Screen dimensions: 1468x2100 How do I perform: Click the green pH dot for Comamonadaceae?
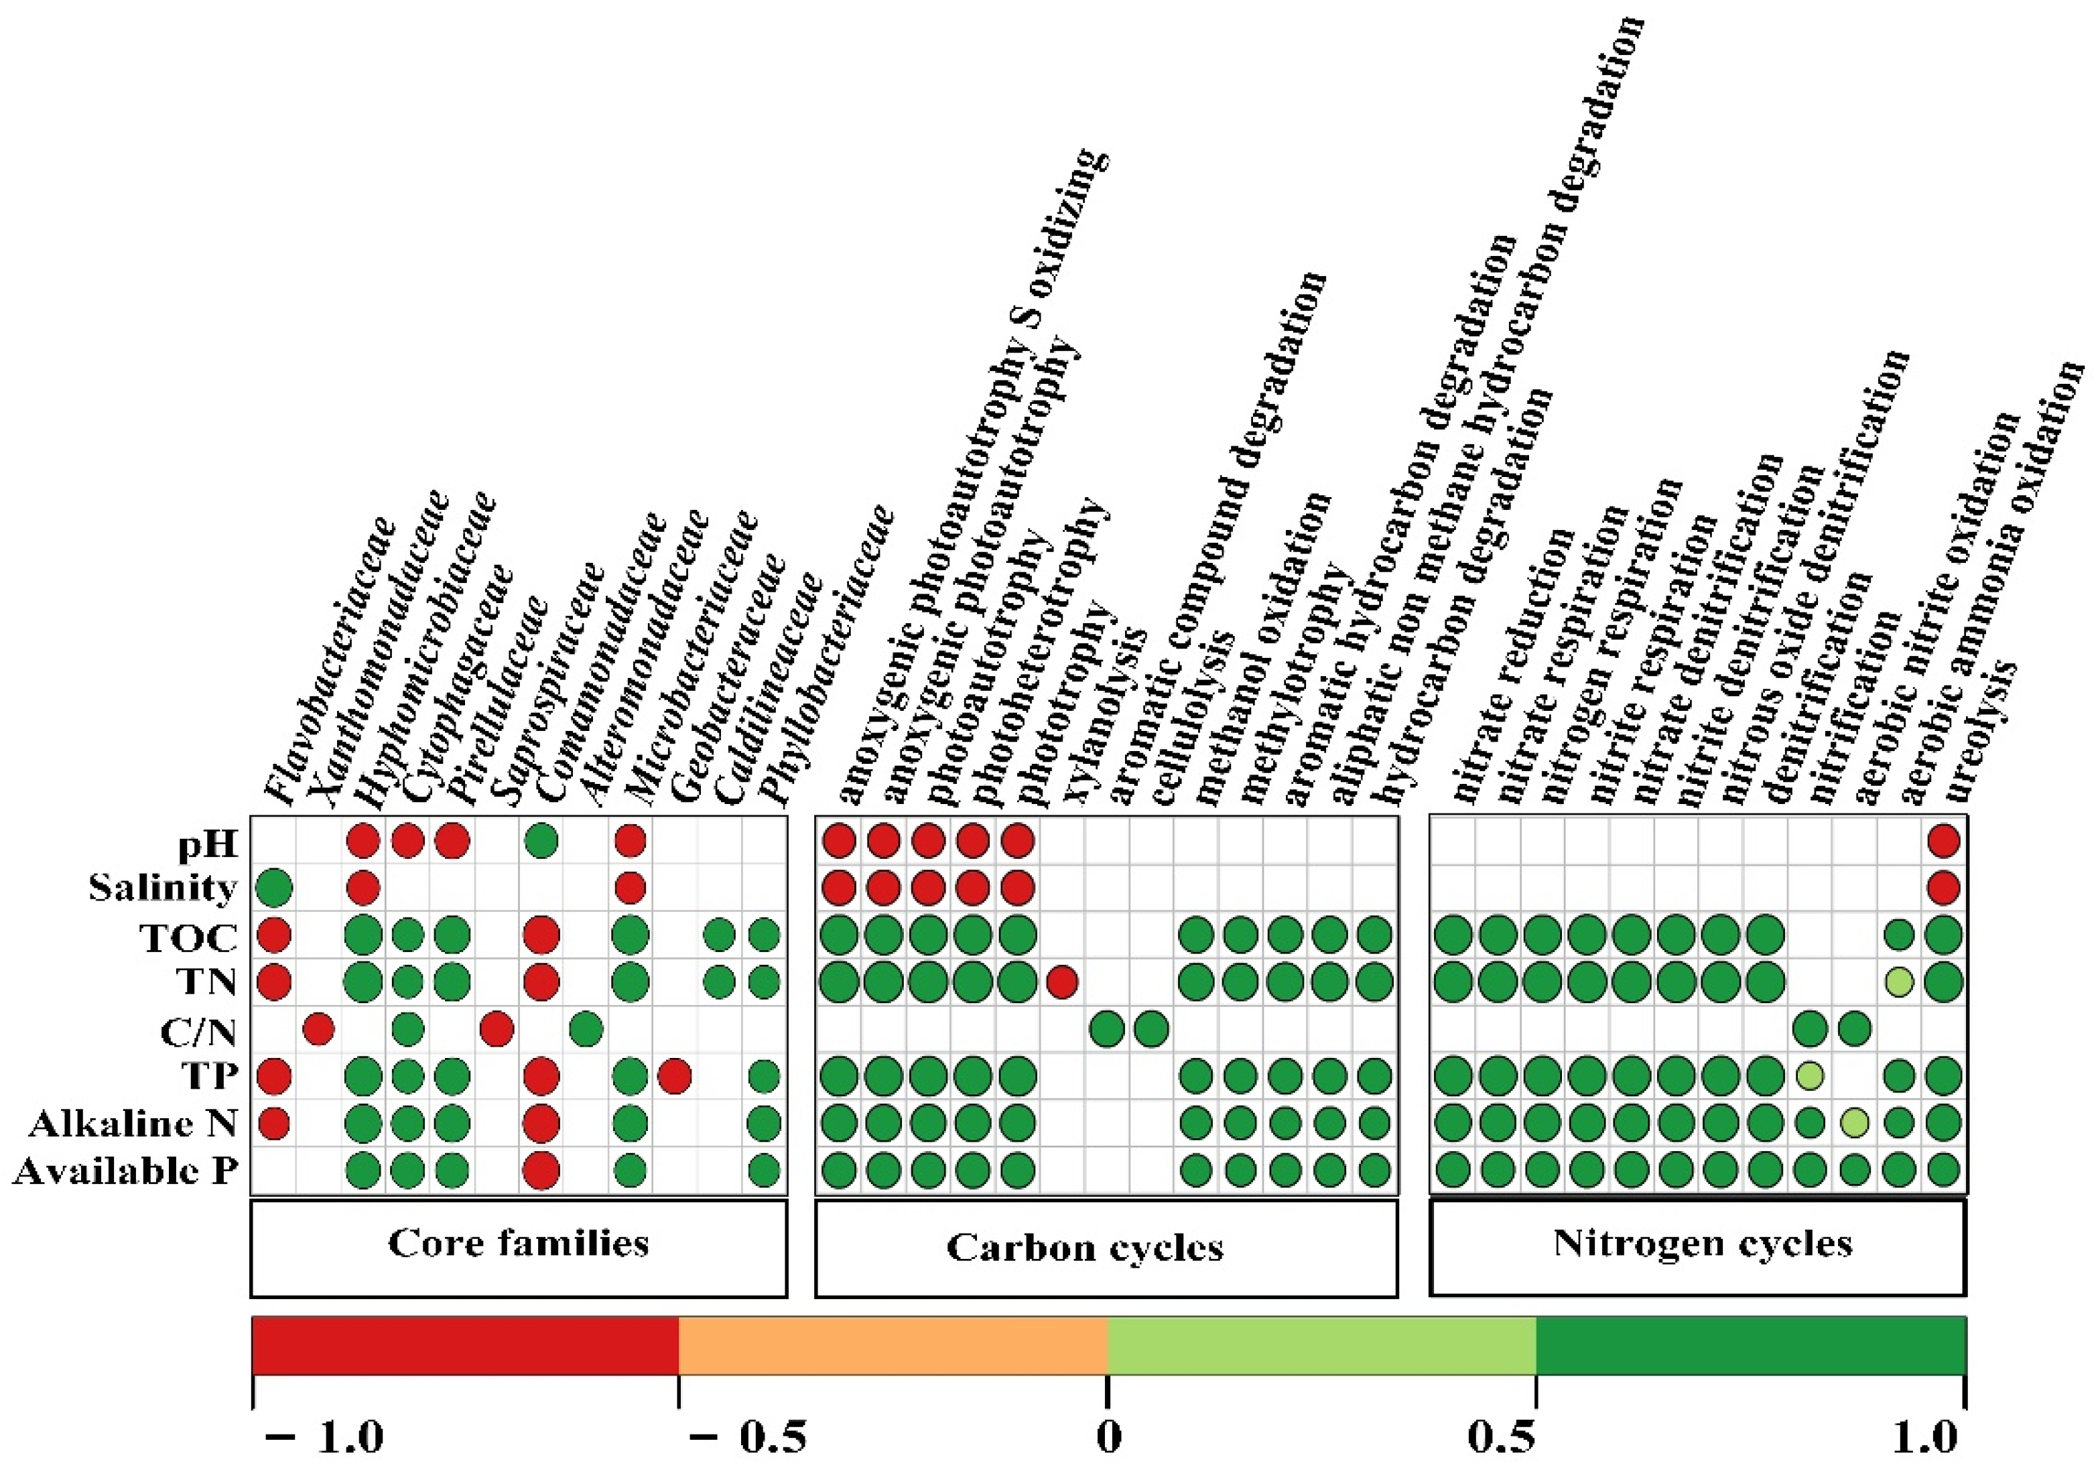pos(541,841)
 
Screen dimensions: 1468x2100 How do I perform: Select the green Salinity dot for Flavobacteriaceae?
pos(273,887)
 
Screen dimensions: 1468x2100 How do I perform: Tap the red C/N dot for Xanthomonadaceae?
pos(318,1030)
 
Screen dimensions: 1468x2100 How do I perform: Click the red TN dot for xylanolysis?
pos(1061,982)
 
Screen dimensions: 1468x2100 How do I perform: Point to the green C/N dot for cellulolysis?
pos(1151,1030)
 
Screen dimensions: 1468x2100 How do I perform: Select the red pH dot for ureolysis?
pos(1944,841)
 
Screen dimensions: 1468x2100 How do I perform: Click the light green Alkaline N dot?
pos(1854,1123)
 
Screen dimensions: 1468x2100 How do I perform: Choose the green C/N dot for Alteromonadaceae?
pos(586,1030)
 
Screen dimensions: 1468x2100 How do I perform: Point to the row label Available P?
pos(125,1171)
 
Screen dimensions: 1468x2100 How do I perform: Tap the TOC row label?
pos(188,937)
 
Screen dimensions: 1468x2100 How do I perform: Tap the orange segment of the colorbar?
pos(892,1345)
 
